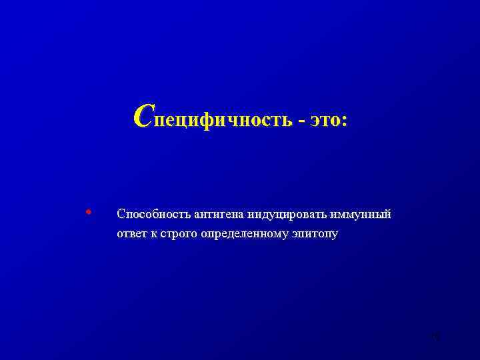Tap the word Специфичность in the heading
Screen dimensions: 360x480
point(213,120)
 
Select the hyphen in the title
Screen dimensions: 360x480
point(303,121)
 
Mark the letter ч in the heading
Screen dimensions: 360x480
point(226,120)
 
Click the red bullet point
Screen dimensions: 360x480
point(88,213)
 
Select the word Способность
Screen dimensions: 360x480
point(153,215)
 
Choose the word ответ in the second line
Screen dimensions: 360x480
point(131,234)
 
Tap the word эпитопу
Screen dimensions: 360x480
point(315,235)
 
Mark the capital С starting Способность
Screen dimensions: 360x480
point(121,214)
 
